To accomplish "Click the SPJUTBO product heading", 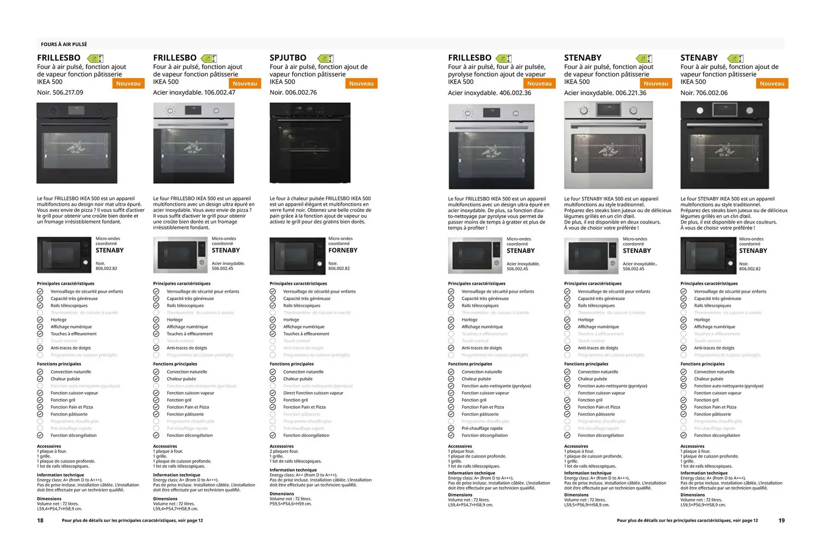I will tap(288, 58).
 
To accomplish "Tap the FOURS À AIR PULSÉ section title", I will tap(64, 44).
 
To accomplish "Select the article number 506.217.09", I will tap(68, 93).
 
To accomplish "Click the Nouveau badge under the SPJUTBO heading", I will tap(361, 84).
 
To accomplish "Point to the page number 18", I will tap(40, 520).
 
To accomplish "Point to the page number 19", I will tap(781, 520).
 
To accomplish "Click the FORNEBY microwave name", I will tap(342, 250).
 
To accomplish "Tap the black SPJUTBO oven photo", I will tap(310, 143).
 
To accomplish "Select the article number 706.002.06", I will tap(712, 93).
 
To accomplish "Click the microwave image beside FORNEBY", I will tap(297, 256).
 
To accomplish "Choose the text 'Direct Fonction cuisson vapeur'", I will tap(313, 393).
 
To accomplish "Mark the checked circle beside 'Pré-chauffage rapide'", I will tap(451, 428).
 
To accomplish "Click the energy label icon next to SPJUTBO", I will tap(325, 58).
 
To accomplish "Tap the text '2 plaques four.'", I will tap(284, 451).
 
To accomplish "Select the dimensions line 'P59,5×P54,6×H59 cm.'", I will tap(291, 504).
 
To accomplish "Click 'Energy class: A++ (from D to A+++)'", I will tap(304, 475).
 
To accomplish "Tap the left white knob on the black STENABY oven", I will tap(700, 111).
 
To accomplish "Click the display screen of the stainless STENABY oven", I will tap(608, 110).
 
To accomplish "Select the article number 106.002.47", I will tap(220, 93).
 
